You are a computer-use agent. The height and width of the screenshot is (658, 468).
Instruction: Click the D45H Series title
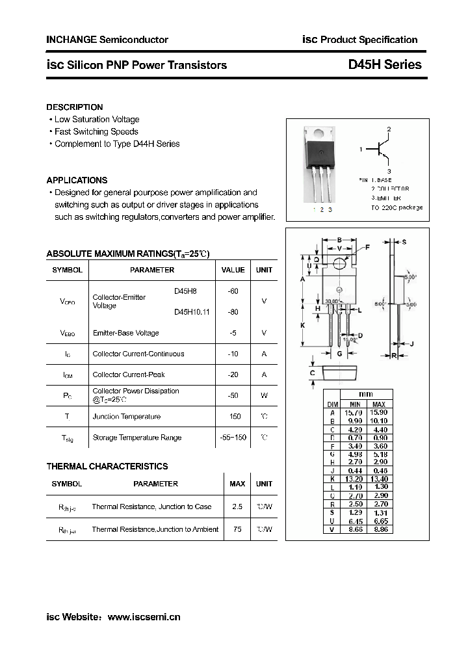tap(385, 64)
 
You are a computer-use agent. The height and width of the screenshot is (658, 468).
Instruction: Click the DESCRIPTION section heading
tap(75, 107)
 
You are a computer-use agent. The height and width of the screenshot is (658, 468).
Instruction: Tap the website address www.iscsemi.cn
tap(144, 616)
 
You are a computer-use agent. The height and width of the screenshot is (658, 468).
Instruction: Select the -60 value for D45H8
tap(233, 291)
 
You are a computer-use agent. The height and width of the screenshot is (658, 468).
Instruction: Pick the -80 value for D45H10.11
tap(233, 312)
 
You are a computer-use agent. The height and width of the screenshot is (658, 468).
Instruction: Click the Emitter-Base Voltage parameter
tap(125, 333)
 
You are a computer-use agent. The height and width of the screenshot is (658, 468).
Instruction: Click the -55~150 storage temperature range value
tap(233, 438)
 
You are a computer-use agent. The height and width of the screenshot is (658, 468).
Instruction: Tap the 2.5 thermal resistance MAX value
tap(237, 507)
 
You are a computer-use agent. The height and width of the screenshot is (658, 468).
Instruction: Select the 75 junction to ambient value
tap(237, 529)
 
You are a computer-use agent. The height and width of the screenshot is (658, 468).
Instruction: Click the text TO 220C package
tap(396, 207)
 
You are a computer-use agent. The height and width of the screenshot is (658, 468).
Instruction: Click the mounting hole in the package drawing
tap(339, 263)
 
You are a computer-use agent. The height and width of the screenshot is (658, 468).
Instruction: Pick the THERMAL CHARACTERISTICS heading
tap(107, 466)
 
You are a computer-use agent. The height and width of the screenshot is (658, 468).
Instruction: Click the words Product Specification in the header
tap(369, 40)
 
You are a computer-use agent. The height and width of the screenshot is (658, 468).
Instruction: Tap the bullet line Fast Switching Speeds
tap(96, 131)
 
